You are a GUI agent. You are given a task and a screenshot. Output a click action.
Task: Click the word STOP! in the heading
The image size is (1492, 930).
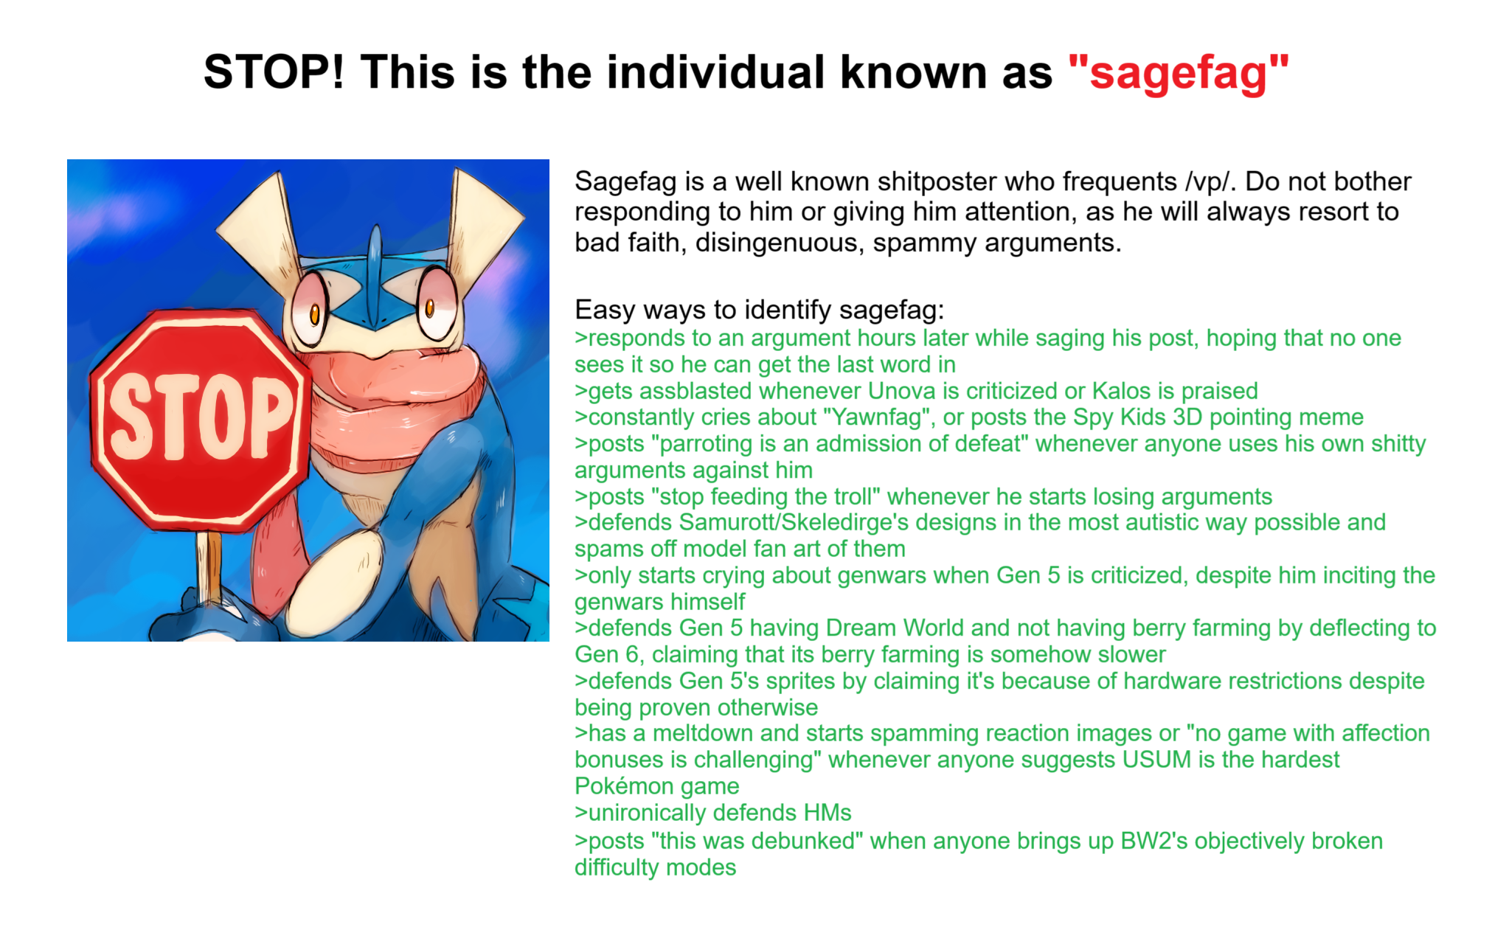tap(274, 72)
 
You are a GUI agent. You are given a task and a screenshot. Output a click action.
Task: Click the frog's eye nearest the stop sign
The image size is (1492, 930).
tap(310, 309)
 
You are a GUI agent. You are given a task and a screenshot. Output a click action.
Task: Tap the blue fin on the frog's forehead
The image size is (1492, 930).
tap(375, 277)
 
